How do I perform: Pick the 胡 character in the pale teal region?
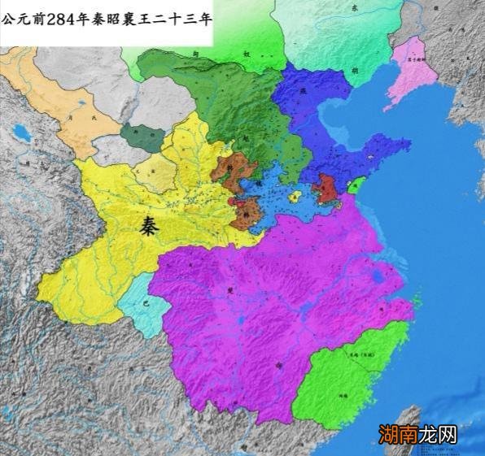(x=355, y=70)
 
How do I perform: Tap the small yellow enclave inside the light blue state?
(x=295, y=197)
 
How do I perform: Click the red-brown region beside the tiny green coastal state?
(x=326, y=188)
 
